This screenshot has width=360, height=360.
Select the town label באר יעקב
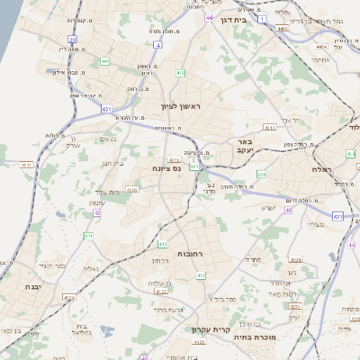coord(248,147)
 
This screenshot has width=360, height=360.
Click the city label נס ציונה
coord(166,167)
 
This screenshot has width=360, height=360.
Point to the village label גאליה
coord(90,268)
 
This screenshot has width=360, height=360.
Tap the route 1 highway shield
coord(261,17)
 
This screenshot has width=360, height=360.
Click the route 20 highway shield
coord(72,40)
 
